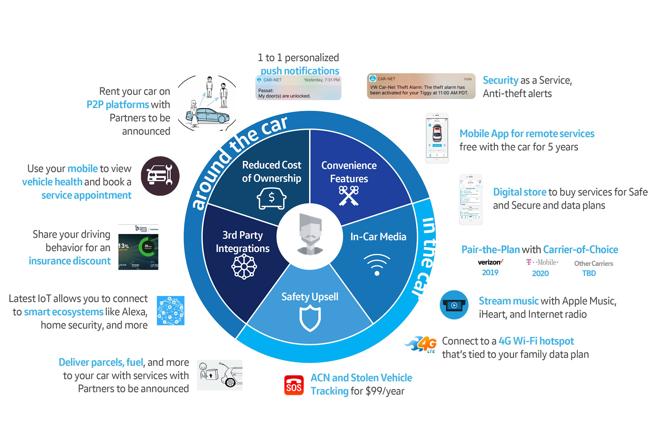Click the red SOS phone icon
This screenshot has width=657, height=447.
coord(294,385)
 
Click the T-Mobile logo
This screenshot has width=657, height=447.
coord(542,262)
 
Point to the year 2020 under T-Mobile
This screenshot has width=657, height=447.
coord(540,273)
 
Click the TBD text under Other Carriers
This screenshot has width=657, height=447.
coord(589,273)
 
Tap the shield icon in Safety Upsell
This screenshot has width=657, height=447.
coord(310,318)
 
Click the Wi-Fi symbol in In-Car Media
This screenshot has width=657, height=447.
coord(377,264)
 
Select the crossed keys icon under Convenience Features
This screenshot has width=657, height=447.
coord(349,196)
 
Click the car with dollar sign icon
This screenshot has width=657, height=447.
coord(271,198)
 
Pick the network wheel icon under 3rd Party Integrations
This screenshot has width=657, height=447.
coord(244,267)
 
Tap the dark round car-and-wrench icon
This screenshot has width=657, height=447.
coord(160,176)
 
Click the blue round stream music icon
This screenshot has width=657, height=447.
coord(454,305)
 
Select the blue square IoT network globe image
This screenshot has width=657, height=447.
coord(170,311)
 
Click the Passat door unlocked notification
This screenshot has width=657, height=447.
coord(298,88)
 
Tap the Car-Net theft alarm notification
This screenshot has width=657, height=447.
coord(421,86)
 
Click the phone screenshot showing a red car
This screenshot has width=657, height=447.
coord(437,138)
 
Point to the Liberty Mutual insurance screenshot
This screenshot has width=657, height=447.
coord(138,247)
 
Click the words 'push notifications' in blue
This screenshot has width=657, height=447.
coord(300,71)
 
